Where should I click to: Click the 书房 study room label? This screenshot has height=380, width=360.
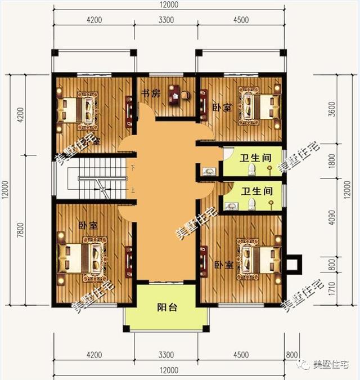(150, 93)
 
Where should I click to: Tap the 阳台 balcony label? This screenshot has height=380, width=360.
(167, 308)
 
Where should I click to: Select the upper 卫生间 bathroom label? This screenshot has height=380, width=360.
(253, 158)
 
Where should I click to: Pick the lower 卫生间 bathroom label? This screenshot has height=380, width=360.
(256, 191)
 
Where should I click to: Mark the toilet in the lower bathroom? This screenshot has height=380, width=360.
(253, 203)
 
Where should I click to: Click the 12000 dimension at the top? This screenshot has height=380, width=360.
(167, 5)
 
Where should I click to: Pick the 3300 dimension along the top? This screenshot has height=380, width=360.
(166, 20)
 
